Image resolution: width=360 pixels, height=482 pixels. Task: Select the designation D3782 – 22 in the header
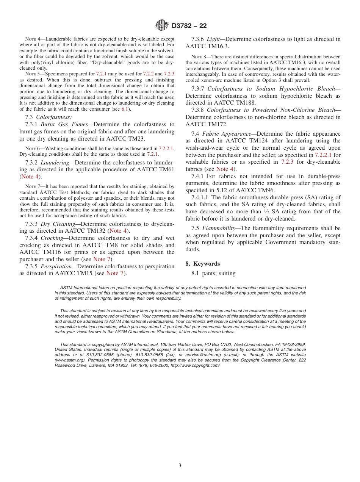tap(189, 26)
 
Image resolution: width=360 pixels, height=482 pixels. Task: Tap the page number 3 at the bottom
tap(180, 465)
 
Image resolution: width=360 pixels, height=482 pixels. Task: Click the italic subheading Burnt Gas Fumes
tap(64, 124)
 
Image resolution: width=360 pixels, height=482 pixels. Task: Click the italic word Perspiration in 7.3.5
tap(55, 266)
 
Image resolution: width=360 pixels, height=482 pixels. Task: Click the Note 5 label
tap(32, 74)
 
